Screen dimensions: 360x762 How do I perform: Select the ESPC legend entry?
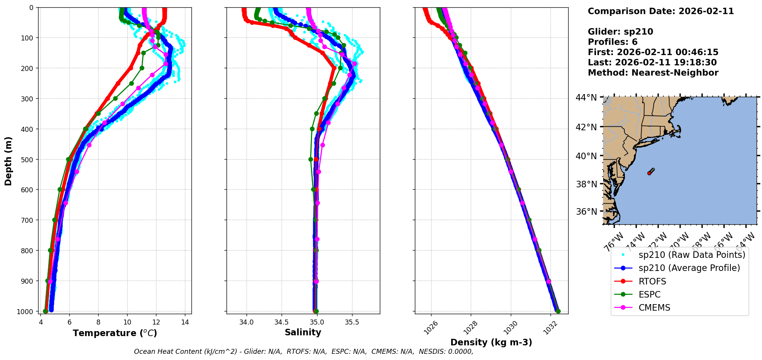(649, 294)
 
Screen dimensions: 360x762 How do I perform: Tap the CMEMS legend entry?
(654, 308)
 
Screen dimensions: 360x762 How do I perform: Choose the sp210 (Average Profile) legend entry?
(689, 268)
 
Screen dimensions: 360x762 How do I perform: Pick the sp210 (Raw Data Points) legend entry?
(692, 255)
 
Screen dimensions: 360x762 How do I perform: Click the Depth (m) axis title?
(8, 161)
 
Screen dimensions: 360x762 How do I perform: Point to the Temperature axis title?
(115, 333)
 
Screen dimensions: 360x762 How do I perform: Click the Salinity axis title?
(303, 332)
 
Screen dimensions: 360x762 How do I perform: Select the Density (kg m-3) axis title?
(491, 342)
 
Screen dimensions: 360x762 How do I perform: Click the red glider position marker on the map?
(650, 173)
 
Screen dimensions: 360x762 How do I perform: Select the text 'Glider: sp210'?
(620, 32)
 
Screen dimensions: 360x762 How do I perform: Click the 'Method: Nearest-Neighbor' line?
(653, 72)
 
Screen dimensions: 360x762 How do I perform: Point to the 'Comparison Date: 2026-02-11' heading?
(661, 11)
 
